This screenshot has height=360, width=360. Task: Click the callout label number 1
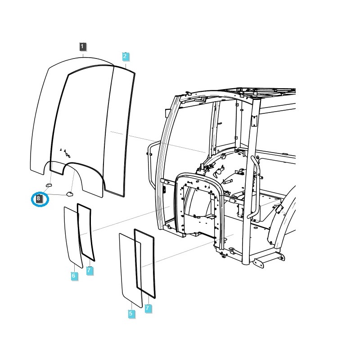(82, 46)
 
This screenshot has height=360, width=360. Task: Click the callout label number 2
(126, 56)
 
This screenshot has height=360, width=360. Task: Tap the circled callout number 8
(39, 198)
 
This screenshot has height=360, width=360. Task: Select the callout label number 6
(74, 276)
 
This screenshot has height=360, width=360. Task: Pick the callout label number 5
(131, 314)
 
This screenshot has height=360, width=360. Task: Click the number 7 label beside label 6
(90, 270)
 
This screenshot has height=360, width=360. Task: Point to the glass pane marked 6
(71, 236)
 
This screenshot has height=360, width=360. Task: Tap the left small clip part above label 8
(49, 184)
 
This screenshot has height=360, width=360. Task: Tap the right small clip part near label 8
(69, 193)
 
